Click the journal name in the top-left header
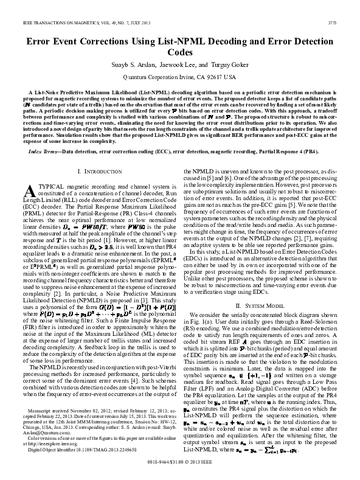coord(71,24)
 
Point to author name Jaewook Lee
coord(181,65)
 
